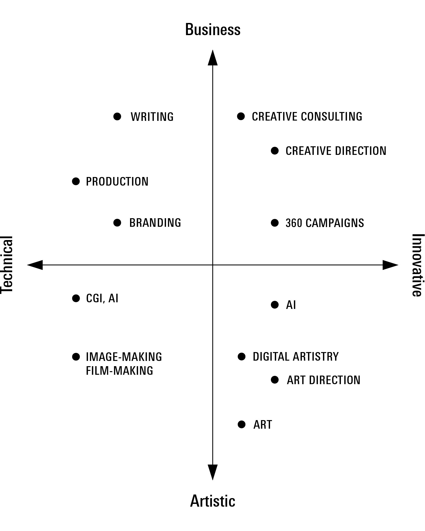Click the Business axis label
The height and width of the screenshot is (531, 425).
[x=212, y=30]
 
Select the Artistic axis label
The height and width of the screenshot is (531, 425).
[x=212, y=501]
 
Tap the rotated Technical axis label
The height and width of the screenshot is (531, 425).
[x=7, y=265]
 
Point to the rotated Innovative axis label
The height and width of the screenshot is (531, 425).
[x=418, y=265]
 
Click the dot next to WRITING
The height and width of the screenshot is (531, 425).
[x=117, y=116]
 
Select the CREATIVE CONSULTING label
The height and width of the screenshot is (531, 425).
[x=307, y=116]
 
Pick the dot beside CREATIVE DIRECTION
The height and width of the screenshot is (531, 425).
[x=275, y=151]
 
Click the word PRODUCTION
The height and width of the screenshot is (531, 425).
[x=117, y=181]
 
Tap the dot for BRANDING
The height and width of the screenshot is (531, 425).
[x=117, y=223]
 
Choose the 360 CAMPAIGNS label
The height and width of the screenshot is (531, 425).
[x=325, y=223]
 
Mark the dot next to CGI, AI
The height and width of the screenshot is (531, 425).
[x=76, y=298]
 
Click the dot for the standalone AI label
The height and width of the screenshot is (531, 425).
[x=275, y=305]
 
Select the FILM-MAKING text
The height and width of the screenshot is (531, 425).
[x=120, y=371]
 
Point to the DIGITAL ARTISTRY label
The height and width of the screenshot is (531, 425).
[x=296, y=356]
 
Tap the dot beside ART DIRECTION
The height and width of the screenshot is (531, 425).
[x=275, y=380]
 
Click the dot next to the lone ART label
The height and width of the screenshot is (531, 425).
[x=242, y=425]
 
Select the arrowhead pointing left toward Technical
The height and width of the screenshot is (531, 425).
[x=35, y=265]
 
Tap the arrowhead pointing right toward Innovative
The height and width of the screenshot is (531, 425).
[x=390, y=265]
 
